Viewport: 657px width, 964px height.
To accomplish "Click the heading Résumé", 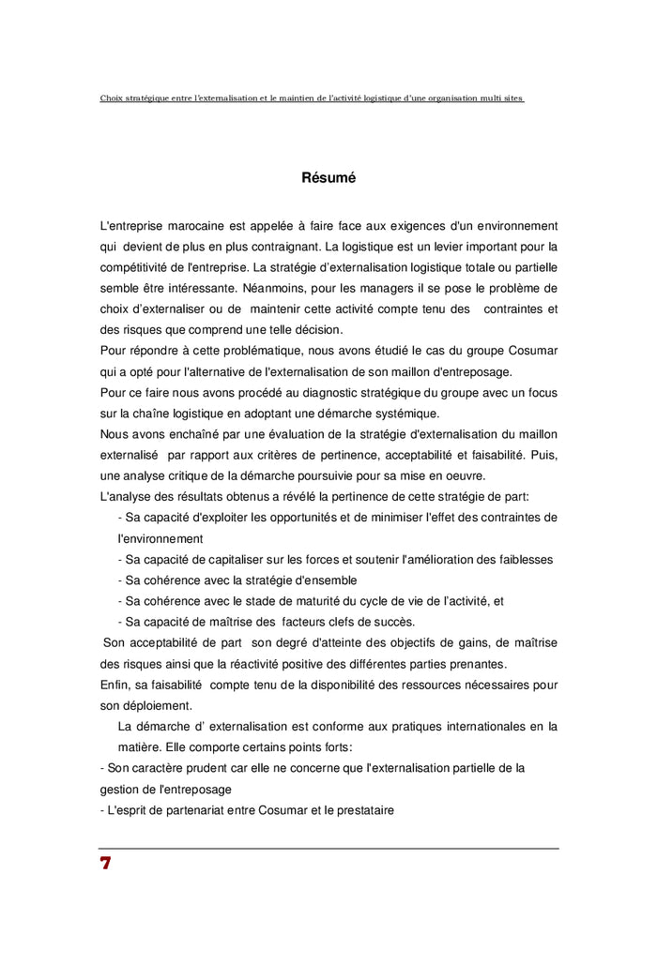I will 328,177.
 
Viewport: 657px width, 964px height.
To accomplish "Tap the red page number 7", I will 105,864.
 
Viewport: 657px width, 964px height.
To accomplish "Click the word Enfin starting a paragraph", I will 115,685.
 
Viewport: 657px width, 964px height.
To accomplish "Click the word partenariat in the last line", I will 192,809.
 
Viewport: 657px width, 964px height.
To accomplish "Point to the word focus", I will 541,392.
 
